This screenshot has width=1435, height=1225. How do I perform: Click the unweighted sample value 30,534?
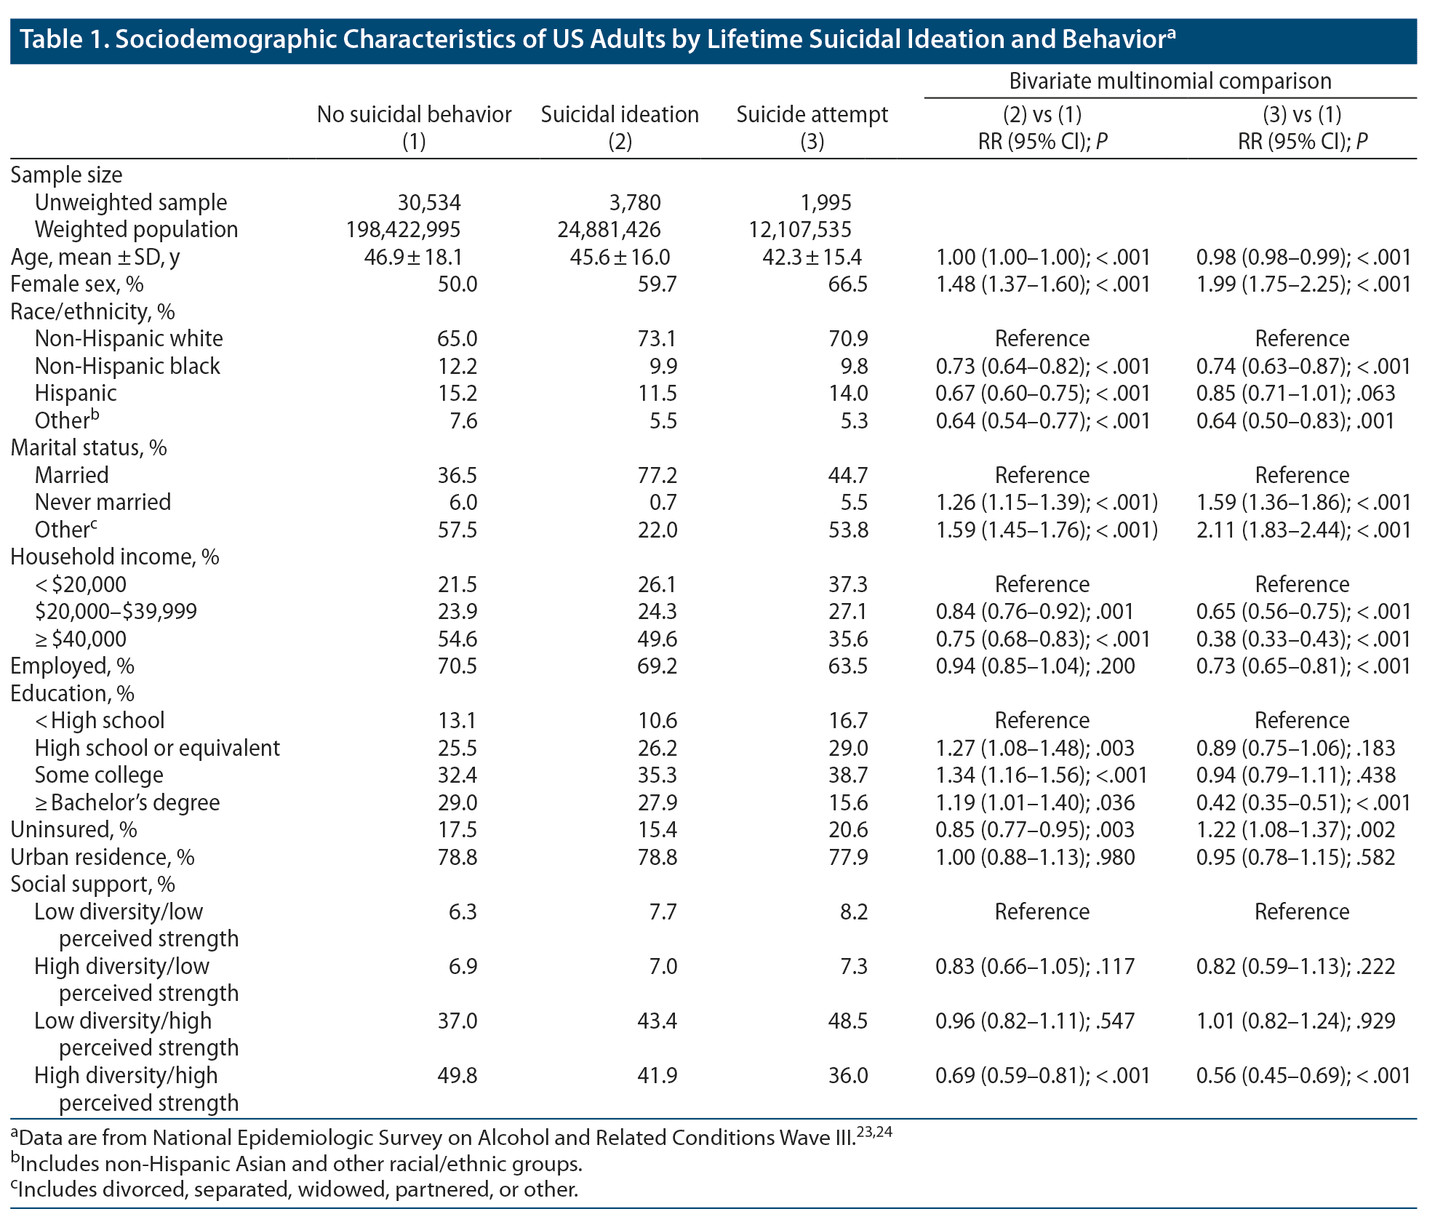[x=428, y=202]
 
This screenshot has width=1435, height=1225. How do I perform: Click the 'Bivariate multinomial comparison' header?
[x=1170, y=81]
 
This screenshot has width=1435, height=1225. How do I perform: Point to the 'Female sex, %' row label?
[x=76, y=284]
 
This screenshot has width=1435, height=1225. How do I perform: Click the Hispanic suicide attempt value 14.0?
[x=848, y=394]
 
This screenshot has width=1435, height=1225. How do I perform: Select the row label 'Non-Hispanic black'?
[x=127, y=366]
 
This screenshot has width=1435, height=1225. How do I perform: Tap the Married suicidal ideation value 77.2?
[x=657, y=476]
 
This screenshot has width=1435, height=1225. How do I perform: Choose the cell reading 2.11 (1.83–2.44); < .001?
[x=1303, y=530]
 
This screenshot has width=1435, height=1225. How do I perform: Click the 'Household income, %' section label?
[x=114, y=557]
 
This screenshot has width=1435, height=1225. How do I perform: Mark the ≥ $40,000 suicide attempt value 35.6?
[x=848, y=639]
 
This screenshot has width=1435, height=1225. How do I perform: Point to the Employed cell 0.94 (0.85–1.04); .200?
[x=1035, y=666]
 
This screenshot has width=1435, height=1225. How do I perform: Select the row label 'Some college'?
[x=99, y=775]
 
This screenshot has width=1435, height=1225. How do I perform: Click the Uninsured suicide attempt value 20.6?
[x=848, y=830]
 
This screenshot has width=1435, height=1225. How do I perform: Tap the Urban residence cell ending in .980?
[x=1035, y=858]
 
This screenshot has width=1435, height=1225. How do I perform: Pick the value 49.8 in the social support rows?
[x=457, y=1076]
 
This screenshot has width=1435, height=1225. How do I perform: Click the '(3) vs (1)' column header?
[x=1302, y=115]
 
